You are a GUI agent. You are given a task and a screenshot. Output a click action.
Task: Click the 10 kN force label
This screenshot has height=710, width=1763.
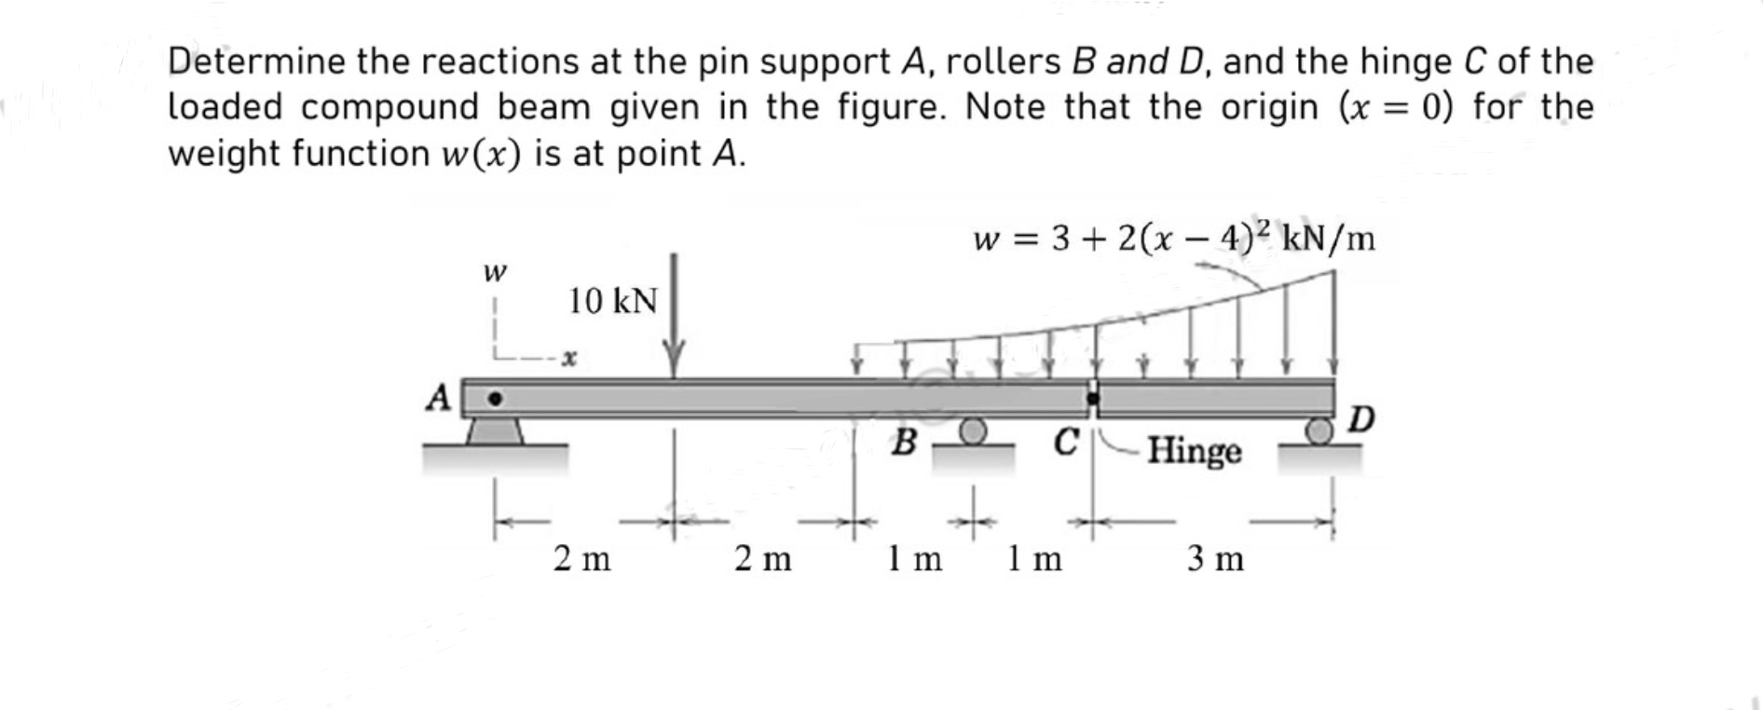click(612, 301)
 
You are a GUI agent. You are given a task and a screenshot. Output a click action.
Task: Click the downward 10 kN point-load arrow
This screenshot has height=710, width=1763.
click(674, 317)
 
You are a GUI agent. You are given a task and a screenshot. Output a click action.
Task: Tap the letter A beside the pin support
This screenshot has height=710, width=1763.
click(439, 398)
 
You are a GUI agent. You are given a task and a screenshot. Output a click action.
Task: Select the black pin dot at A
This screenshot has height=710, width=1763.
click(496, 400)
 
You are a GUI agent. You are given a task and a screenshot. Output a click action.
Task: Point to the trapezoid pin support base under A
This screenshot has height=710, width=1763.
click(494, 431)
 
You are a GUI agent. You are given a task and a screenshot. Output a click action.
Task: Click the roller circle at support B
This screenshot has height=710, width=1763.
click(972, 430)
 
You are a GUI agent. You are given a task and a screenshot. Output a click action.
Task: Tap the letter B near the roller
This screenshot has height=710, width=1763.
click(903, 442)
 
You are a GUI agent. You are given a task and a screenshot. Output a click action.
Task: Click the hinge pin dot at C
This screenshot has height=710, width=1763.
click(1094, 399)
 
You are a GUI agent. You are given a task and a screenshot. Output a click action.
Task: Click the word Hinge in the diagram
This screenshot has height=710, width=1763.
click(1195, 451)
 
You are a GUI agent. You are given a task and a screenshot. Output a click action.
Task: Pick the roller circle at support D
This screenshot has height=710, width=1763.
click(1319, 430)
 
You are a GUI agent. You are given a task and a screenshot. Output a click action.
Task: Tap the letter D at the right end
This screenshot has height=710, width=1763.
click(1361, 419)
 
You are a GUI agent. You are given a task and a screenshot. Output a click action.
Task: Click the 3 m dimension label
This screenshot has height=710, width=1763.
click(1215, 559)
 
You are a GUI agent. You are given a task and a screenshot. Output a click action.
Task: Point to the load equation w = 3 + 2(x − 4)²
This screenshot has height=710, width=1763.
click(1173, 239)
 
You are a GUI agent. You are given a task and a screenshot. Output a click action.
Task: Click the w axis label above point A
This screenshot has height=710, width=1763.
click(495, 272)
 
